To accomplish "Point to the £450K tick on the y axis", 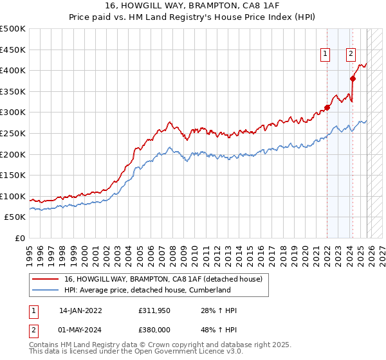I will [13, 50].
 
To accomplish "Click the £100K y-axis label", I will [13, 196].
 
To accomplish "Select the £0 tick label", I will [19, 239].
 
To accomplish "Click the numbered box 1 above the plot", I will [326, 55].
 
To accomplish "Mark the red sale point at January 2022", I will [327, 107].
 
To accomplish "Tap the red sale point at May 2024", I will [353, 79].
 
